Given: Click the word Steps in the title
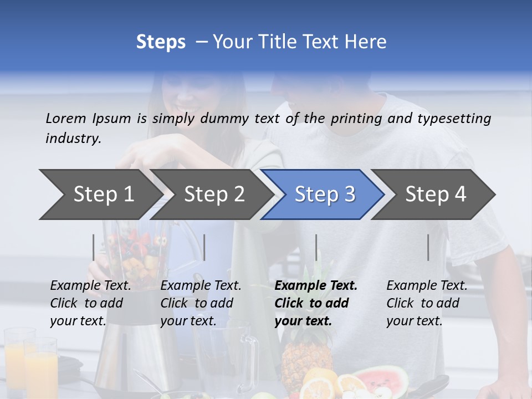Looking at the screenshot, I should [161, 42].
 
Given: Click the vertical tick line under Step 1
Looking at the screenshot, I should [94, 247].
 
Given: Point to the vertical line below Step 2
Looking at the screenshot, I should [204, 247].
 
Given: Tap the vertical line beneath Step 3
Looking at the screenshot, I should [316, 247].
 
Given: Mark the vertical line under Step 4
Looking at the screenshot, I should [428, 247].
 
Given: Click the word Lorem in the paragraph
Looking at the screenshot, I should [66, 118].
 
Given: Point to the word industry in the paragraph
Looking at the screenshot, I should [73, 139].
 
